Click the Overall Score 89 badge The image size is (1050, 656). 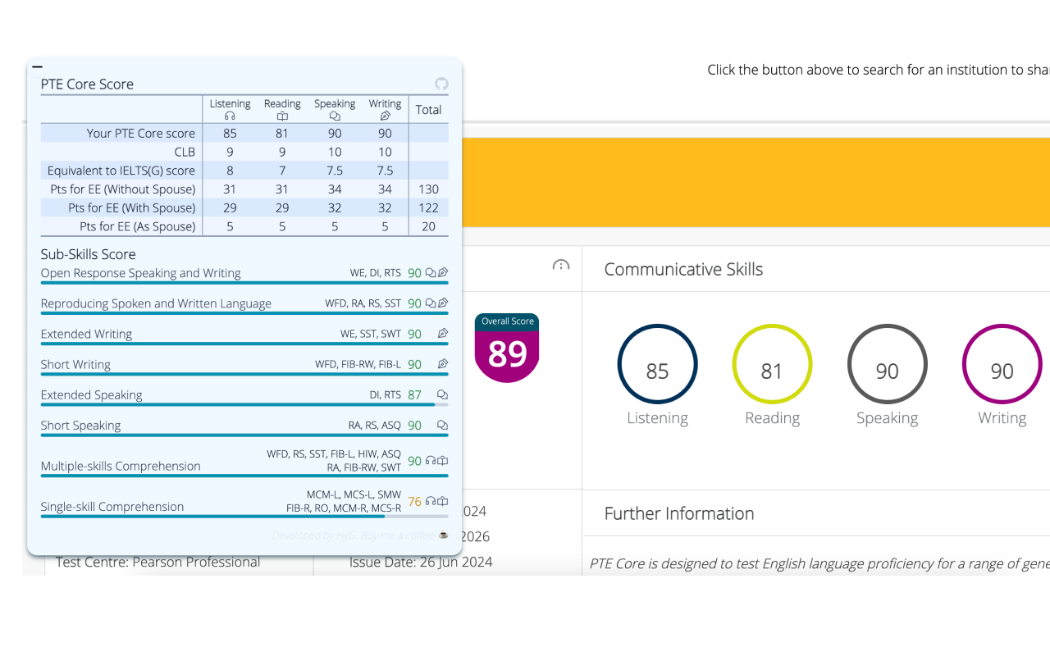pyautogui.click(x=507, y=348)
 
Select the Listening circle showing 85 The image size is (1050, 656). pyautogui.click(x=657, y=364)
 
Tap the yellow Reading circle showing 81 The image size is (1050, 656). pyautogui.click(x=772, y=364)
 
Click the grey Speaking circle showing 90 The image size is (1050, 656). pyautogui.click(x=887, y=364)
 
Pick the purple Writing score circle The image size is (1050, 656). pyautogui.click(x=1002, y=364)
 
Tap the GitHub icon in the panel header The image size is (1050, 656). pyautogui.click(x=441, y=84)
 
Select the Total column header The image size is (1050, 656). pyautogui.click(x=428, y=110)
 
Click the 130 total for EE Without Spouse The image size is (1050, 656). pyautogui.click(x=428, y=189)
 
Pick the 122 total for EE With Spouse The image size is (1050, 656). pyautogui.click(x=428, y=208)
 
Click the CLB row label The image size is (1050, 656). pyautogui.click(x=185, y=153)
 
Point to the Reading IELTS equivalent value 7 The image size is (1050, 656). pyautogui.click(x=282, y=171)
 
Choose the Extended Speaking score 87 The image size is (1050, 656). pyautogui.click(x=414, y=395)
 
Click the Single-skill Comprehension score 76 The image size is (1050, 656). pyautogui.click(x=414, y=502)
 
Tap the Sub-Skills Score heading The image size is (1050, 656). pyautogui.click(x=88, y=254)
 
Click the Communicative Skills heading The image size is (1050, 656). pyautogui.click(x=683, y=270)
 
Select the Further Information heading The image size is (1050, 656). pyautogui.click(x=678, y=514)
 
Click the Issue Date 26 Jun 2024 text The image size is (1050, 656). pyautogui.click(x=421, y=563)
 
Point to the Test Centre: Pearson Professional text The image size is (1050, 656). pyautogui.click(x=157, y=563)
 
